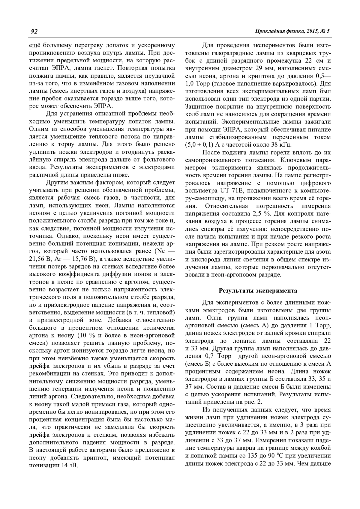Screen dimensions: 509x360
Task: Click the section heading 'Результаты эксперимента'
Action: [258, 290]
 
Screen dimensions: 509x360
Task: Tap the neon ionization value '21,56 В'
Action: [39, 259]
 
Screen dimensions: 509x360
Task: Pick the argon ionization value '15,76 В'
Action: [79, 259]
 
